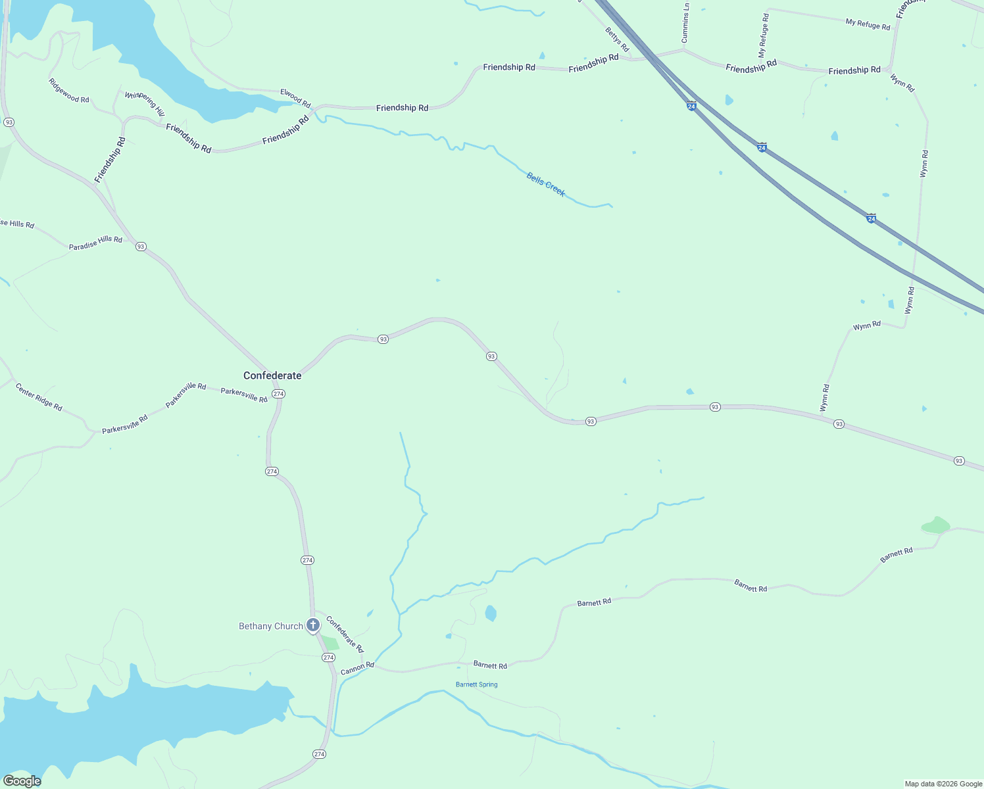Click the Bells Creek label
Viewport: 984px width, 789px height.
(546, 184)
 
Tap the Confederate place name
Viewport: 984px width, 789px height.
(272, 375)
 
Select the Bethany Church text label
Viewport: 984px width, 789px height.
(271, 626)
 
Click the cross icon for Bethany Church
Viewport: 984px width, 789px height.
(313, 625)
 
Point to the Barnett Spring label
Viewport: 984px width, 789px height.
(477, 684)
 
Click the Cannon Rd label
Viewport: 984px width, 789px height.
(357, 669)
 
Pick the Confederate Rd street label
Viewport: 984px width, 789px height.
(345, 634)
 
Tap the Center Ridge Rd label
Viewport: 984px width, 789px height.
(39, 397)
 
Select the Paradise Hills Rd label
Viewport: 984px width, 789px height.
(95, 243)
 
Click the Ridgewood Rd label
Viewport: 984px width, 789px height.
(68, 91)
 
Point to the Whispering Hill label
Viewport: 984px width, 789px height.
(145, 104)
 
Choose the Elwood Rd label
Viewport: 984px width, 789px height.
(295, 98)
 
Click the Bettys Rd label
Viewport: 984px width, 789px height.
(617, 40)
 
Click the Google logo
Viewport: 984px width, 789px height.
(22, 781)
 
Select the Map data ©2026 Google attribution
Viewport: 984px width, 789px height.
(943, 784)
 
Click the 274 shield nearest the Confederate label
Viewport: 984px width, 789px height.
(278, 394)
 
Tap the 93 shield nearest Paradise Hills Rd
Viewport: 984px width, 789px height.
(141, 247)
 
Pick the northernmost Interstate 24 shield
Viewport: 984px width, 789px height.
(691, 106)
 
